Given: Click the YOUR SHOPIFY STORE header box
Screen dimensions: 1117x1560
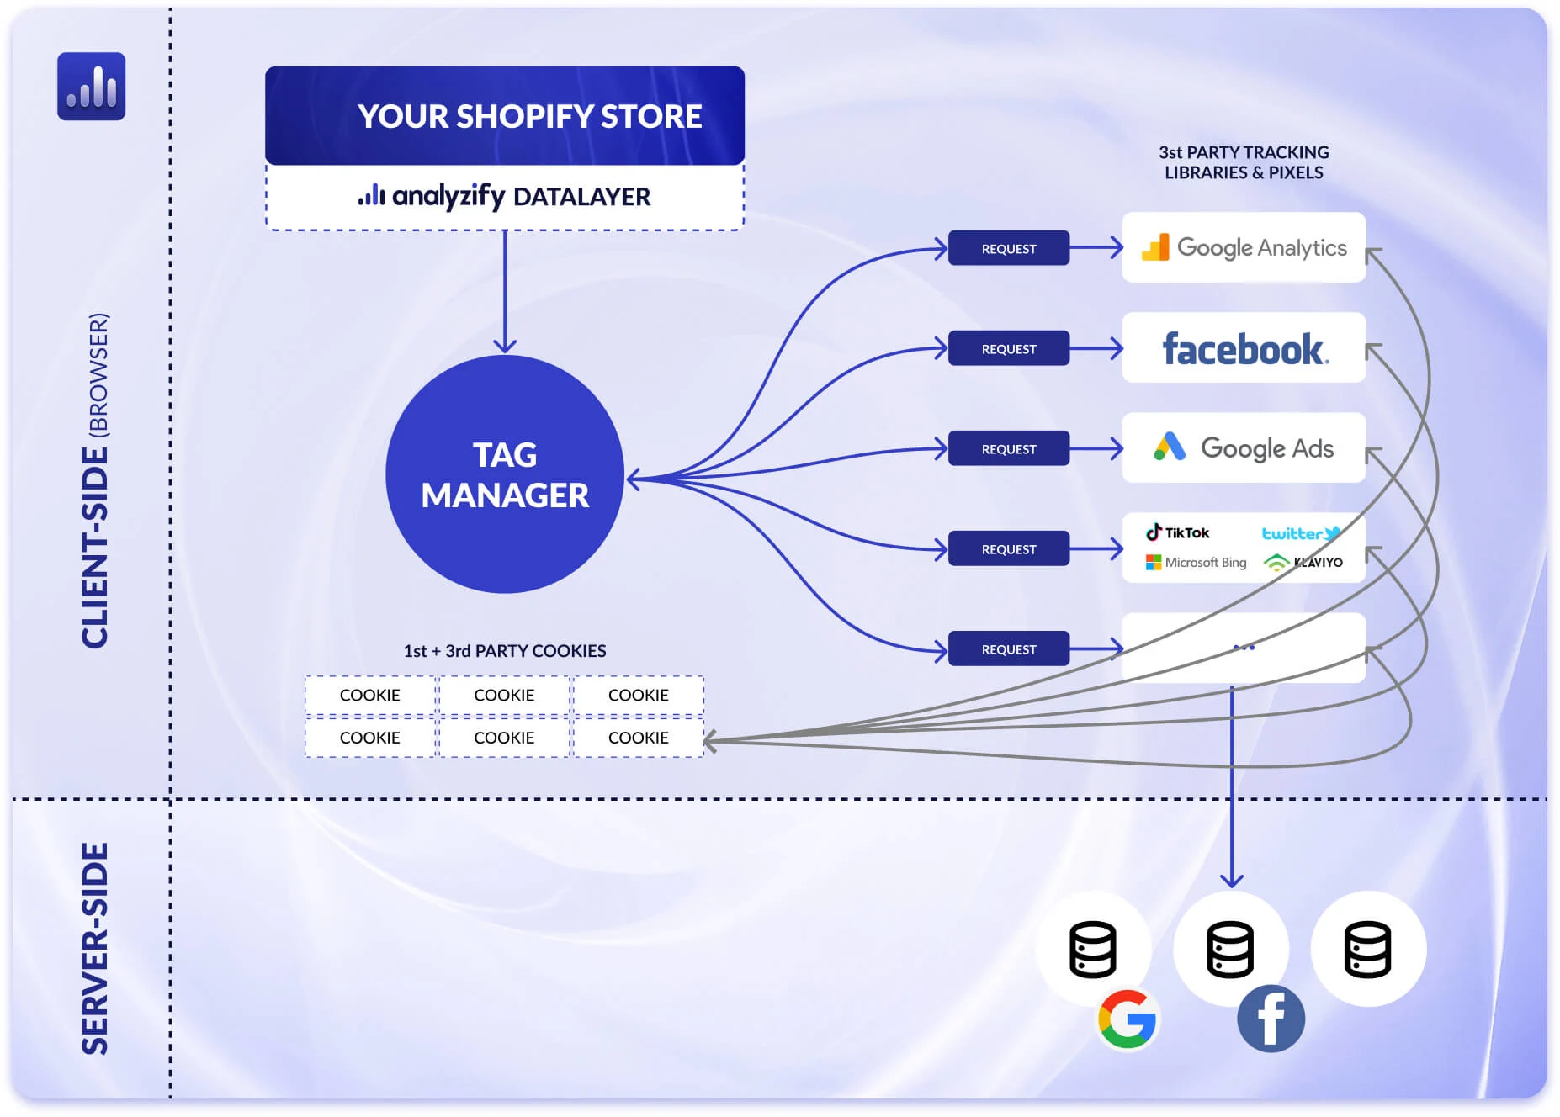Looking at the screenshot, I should pos(505,116).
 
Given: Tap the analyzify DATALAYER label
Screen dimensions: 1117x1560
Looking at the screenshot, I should pos(505,197).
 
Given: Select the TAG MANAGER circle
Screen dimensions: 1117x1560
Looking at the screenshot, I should pos(505,474).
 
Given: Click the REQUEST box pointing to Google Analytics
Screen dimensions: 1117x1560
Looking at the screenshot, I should pos(1008,248).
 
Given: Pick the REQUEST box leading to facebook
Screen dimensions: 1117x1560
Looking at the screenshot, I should pos(1008,348).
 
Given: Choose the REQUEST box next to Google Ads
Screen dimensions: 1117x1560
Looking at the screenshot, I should pos(1008,448).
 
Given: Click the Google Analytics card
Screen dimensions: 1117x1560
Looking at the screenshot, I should pos(1243,247).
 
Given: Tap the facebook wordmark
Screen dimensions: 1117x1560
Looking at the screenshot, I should pos(1244,349).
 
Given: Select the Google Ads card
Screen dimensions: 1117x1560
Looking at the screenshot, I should pos(1243,447).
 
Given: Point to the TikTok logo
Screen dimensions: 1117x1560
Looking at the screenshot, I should pos(1177,532).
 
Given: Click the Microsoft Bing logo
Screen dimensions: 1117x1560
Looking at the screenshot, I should pos(1196,562).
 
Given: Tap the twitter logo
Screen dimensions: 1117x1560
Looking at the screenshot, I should pos(1300,533).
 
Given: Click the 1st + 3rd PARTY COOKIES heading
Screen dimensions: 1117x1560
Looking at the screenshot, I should pos(505,650).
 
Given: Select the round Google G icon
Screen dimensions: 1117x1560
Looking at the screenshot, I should pos(1128,1019).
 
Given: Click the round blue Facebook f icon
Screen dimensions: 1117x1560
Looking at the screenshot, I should pos(1271,1019).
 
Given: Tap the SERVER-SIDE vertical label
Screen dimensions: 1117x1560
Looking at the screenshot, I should pos(95,949).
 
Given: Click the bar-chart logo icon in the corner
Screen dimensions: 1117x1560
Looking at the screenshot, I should pos(91,87).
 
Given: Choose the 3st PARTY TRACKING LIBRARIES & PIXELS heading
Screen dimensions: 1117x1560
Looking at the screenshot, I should pos(1244,162).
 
